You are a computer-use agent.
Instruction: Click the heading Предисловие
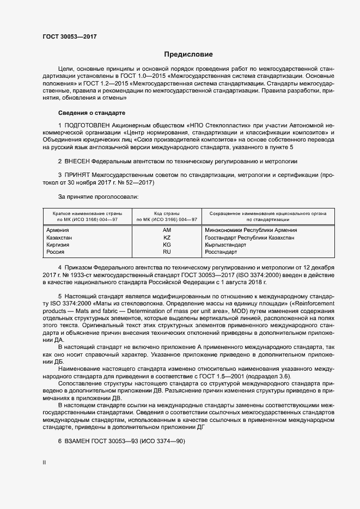coord(188,54)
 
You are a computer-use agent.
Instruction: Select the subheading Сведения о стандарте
coord(91,113)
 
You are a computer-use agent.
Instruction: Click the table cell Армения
coord(58,230)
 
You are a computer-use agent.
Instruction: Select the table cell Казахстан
coord(59,238)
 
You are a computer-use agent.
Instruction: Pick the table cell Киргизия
coord(58,245)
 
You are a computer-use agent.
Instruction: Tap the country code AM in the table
coord(167,230)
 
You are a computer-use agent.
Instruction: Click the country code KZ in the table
coord(167,238)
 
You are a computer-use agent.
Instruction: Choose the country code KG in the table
coord(167,245)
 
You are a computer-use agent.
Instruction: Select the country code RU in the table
coord(167,252)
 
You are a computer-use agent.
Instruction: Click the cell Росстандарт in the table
coord(221,252)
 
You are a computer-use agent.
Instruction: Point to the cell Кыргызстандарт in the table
coord(225,245)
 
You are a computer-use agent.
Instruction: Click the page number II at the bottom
coord(44,462)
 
